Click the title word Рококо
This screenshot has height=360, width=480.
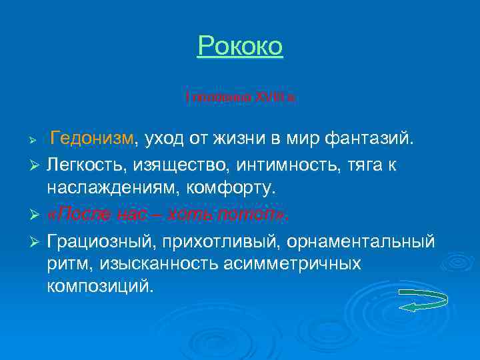[x=240, y=46]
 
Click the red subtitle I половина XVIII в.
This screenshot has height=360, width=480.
[x=240, y=97]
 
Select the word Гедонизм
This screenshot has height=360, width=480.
[x=92, y=138]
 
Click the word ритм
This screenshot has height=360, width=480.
[x=68, y=263]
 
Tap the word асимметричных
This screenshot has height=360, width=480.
[x=304, y=263]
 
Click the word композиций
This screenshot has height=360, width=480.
[x=100, y=287]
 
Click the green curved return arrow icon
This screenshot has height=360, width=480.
[x=423, y=300]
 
